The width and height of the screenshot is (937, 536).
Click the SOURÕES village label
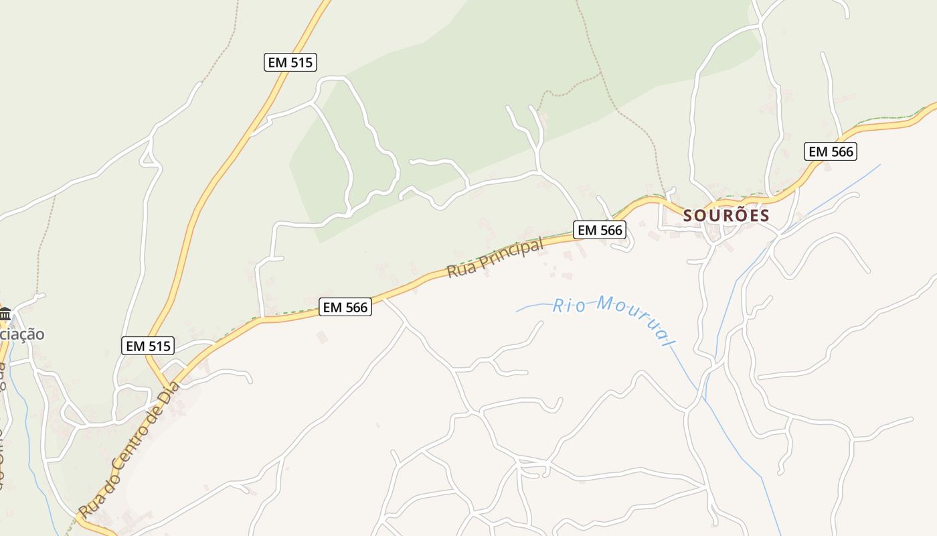[726, 215]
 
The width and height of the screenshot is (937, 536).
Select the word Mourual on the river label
[636, 318]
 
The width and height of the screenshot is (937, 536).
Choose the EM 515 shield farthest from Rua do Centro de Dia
[290, 62]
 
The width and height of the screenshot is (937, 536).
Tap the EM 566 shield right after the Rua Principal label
[600, 230]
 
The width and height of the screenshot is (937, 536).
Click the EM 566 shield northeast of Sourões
[831, 151]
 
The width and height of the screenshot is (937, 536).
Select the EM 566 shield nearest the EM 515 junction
[345, 307]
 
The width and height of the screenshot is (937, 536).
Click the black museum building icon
[5, 314]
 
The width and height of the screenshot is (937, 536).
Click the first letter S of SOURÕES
[688, 216]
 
